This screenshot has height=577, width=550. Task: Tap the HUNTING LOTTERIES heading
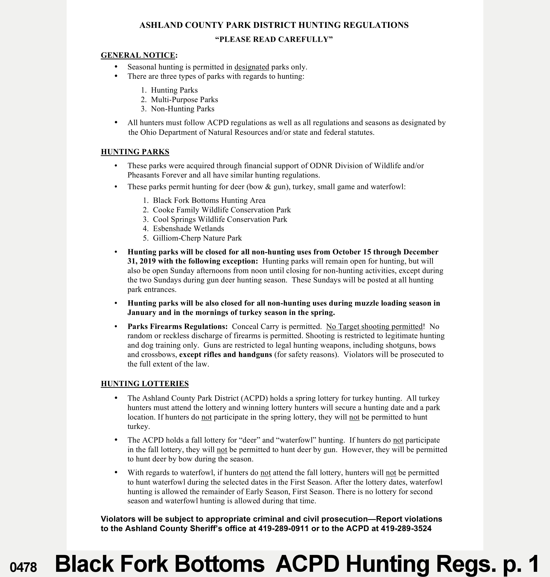click(x=144, y=384)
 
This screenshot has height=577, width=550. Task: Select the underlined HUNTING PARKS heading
click(x=135, y=152)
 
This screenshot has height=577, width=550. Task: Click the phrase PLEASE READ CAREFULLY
click(x=274, y=39)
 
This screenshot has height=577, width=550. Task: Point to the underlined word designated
click(x=251, y=67)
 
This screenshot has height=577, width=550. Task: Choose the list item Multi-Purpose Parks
click(x=184, y=99)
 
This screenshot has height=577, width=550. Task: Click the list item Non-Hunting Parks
click(x=182, y=109)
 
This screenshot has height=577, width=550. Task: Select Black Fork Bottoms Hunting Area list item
click(x=209, y=201)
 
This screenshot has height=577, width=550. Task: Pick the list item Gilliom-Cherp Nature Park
click(x=197, y=238)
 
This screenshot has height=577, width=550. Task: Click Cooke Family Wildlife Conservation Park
click(x=222, y=210)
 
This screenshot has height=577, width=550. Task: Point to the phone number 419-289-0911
click(x=283, y=529)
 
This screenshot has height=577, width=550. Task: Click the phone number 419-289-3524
click(x=406, y=529)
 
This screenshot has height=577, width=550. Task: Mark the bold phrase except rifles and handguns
click(x=225, y=354)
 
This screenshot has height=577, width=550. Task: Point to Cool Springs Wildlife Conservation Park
click(x=220, y=219)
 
